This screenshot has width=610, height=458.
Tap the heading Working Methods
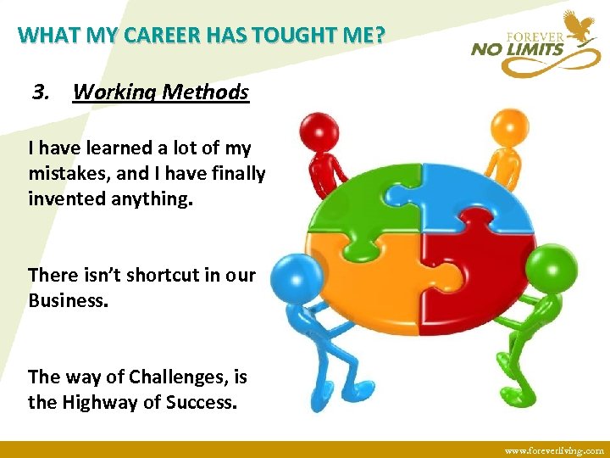click(161, 92)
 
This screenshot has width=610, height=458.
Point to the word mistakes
click(63, 174)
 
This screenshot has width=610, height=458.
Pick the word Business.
click(68, 301)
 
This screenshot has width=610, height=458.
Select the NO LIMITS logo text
click(517, 49)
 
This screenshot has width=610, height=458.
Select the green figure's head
click(557, 268)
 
